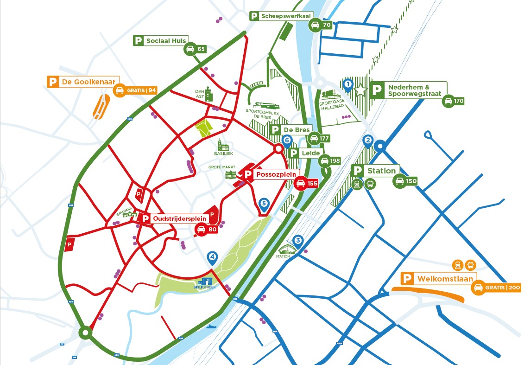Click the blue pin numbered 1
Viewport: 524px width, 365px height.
click(x=348, y=84)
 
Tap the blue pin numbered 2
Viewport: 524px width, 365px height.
click(x=368, y=141)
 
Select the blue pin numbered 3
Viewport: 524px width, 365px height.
click(x=298, y=240)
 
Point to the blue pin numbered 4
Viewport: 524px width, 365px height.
click(x=212, y=256)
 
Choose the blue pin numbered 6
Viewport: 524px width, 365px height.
click(x=287, y=140)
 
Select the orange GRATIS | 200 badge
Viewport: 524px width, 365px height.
click(x=496, y=288)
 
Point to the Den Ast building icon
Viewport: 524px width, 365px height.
click(x=208, y=93)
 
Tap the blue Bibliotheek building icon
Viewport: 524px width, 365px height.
click(x=205, y=283)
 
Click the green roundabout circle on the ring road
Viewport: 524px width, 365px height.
click(x=85, y=333)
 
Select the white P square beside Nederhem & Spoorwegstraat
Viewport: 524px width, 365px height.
click(x=377, y=90)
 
